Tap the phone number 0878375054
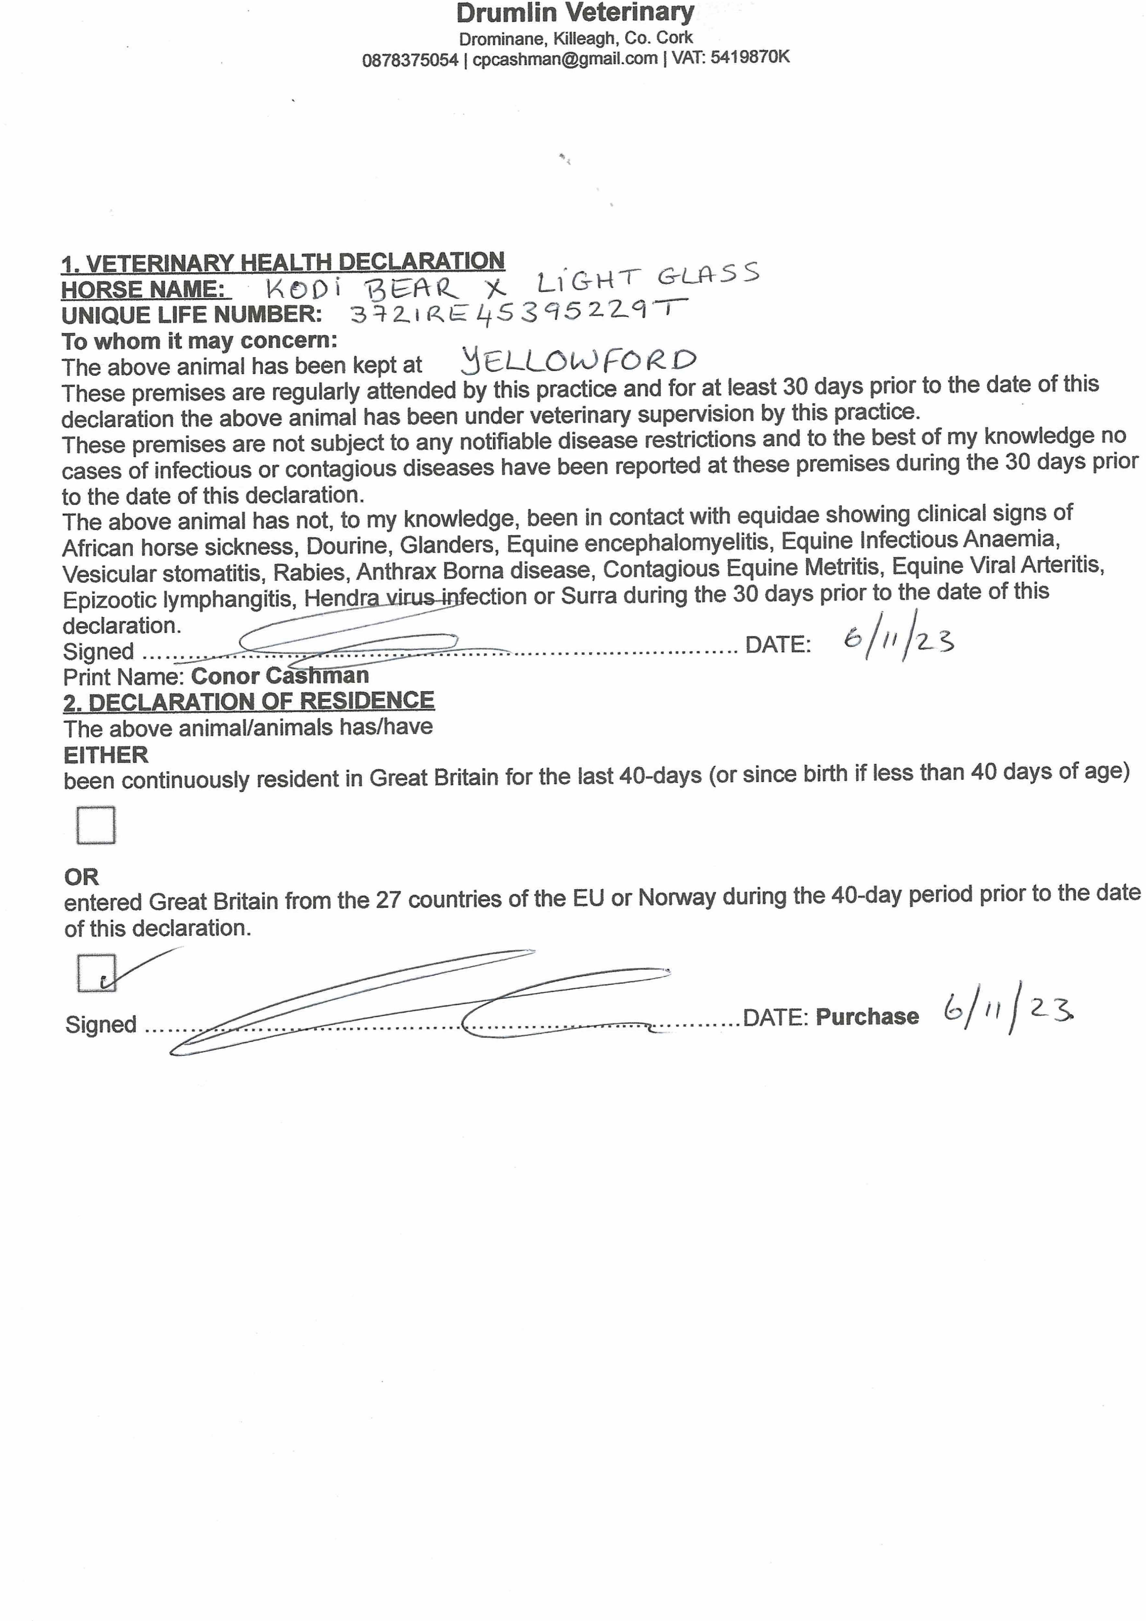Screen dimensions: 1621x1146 [410, 60]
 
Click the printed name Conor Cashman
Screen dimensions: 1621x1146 [280, 676]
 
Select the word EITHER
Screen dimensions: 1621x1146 [106, 755]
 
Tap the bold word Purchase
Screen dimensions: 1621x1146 [867, 1017]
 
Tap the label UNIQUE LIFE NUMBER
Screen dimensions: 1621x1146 [191, 315]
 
